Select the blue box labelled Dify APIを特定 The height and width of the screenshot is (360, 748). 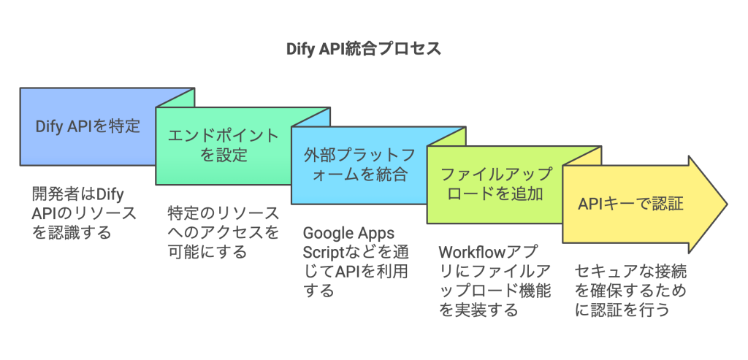(88, 126)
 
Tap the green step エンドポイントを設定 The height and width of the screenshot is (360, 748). (223, 145)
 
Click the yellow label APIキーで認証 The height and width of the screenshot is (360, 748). (630, 204)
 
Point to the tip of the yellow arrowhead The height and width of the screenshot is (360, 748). (725, 204)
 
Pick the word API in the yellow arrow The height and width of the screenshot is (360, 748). (592, 204)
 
